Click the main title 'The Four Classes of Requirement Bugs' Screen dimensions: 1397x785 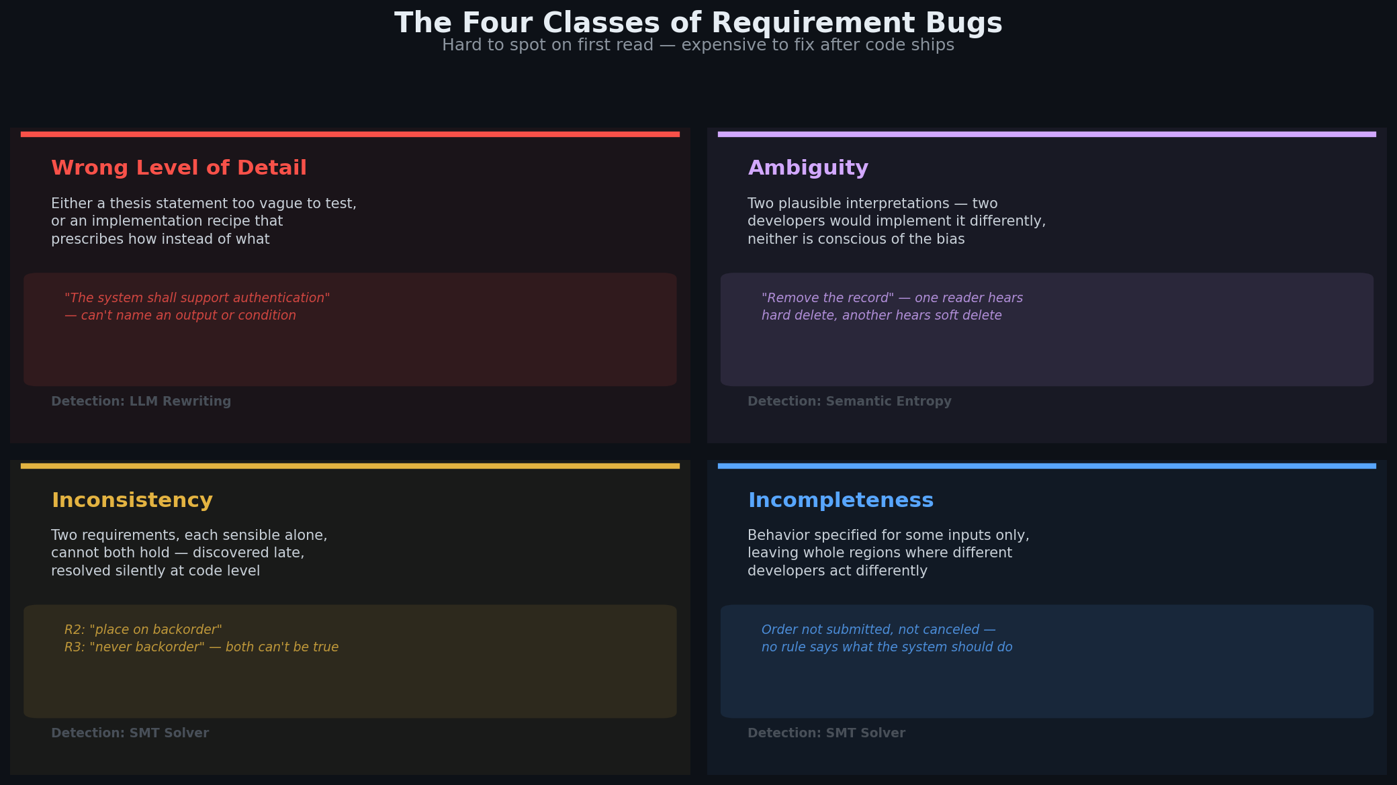tap(698, 23)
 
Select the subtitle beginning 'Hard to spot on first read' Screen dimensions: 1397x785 tap(698, 45)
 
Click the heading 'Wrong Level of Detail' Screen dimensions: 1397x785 tap(179, 168)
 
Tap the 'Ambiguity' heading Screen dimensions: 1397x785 tap(808, 168)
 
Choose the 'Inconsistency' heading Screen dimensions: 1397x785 tap(132, 500)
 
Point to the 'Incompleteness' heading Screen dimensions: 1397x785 tap(841, 500)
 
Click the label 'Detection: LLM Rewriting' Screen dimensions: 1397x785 tap(141, 402)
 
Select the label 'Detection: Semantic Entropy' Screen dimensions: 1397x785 tap(850, 402)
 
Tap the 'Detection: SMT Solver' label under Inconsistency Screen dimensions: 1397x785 tap(130, 733)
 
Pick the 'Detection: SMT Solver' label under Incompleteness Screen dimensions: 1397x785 tap(827, 733)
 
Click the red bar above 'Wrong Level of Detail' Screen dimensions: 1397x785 tap(350, 134)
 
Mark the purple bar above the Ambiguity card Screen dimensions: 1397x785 tap(1047, 134)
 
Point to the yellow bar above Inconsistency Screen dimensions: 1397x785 tap(350, 466)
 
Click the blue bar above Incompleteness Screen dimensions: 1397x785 tap(1047, 466)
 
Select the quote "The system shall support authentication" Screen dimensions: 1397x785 tap(197, 298)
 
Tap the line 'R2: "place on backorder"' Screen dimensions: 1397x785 tap(143, 630)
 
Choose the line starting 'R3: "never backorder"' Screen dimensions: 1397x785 tap(201, 647)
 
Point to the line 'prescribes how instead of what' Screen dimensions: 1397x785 tap(161, 240)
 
